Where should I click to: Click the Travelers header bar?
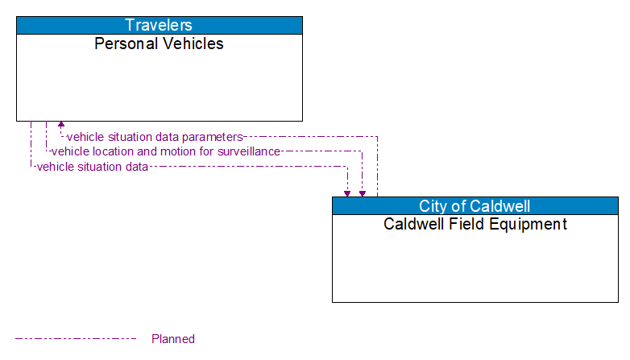159,25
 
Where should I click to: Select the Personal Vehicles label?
159,43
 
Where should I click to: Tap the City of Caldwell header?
475,206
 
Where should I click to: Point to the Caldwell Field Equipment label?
475,224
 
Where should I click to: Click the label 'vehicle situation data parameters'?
155,137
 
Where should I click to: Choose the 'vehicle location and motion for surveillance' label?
166,151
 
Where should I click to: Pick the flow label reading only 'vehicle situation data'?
93,167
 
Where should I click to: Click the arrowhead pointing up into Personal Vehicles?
61,126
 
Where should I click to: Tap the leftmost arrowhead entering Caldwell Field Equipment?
347,192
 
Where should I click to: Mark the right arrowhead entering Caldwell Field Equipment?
363,192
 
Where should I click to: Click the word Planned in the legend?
173,339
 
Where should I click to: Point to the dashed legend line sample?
76,339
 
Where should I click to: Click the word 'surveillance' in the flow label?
251,151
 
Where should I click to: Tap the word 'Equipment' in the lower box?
531,224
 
